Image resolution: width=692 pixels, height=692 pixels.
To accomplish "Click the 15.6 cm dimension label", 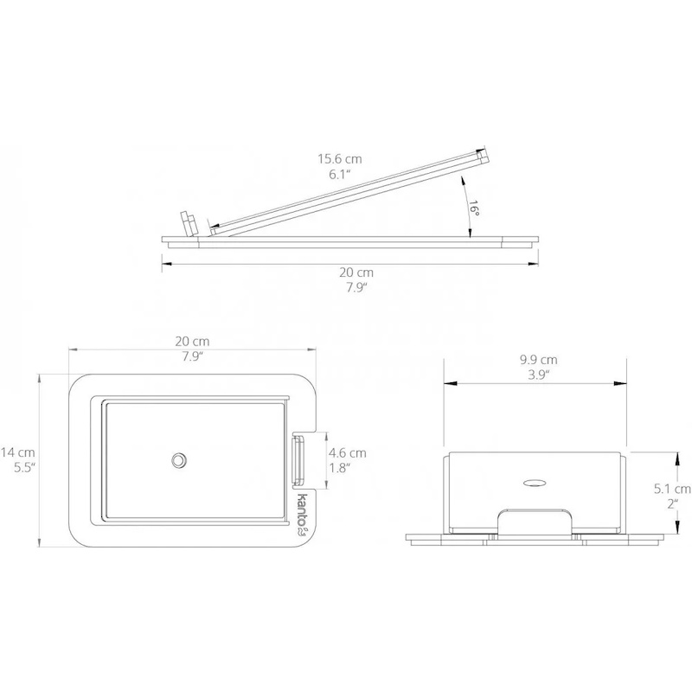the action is pos(340,159).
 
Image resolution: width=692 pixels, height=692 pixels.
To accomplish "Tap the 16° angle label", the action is pos(474,208).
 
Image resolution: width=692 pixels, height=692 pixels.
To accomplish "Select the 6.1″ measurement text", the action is pos(340,175).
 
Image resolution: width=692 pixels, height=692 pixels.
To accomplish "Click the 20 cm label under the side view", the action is pos(356,272).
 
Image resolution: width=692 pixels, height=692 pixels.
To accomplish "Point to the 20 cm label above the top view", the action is pos(192,342).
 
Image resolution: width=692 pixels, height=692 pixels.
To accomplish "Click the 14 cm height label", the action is pos(17,452).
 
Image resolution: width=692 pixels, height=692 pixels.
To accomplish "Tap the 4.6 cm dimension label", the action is pos(348,452).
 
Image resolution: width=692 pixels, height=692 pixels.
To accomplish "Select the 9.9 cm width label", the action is pos(538,360).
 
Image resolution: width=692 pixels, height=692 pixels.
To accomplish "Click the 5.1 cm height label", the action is pos(672,489).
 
